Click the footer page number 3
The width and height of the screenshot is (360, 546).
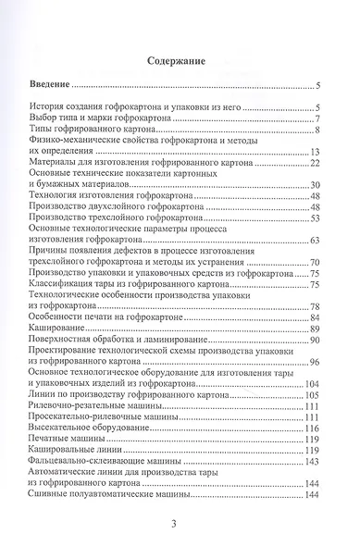(x=180, y=525)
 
